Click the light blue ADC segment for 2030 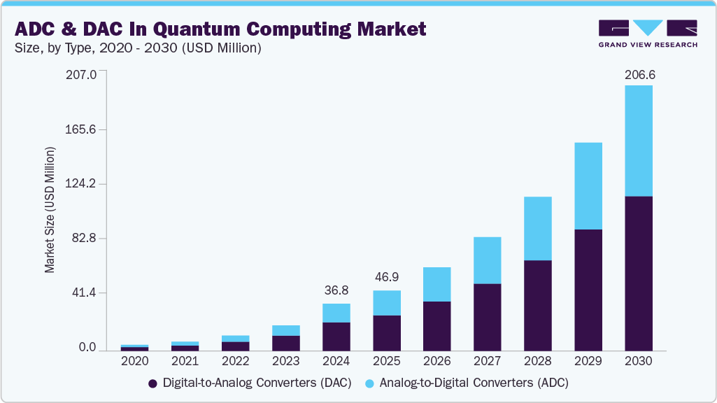(x=638, y=141)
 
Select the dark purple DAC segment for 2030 (x=638, y=273)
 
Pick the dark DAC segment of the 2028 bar (x=537, y=305)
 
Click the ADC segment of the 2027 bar (x=487, y=260)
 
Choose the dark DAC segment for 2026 (x=436, y=326)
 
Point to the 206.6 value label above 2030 (x=638, y=75)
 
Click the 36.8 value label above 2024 (x=336, y=290)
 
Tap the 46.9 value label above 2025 (x=386, y=277)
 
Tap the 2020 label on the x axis (x=134, y=362)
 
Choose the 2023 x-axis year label (x=285, y=362)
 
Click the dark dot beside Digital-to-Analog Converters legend (x=152, y=383)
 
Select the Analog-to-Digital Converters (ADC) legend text (x=474, y=383)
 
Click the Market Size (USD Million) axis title (x=50, y=210)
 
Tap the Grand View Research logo (x=647, y=33)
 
